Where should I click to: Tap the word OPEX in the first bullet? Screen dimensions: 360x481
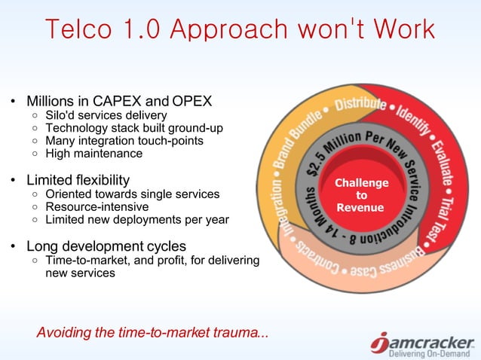pyautogui.click(x=191, y=101)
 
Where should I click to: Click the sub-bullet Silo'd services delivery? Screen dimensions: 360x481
pyautogui.click(x=106, y=115)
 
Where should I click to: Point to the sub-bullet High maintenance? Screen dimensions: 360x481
pyautogui.click(x=93, y=153)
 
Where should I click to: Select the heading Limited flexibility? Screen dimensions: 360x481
pyautogui.click(x=78, y=181)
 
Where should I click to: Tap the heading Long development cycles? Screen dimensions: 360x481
pyautogui.click(x=106, y=246)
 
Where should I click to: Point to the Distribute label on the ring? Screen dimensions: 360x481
pyautogui.click(x=360, y=105)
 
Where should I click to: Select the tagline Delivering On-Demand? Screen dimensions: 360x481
pyautogui.click(x=430, y=354)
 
